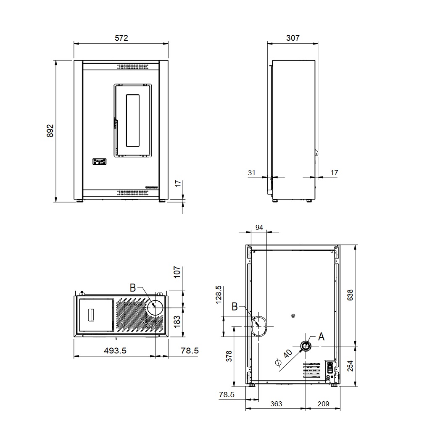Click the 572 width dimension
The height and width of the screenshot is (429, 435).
[121, 38]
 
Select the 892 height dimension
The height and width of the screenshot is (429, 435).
[50, 131]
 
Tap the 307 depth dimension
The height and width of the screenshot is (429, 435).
[293, 38]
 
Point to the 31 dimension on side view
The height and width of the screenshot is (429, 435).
[251, 173]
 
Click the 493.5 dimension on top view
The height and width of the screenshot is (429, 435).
[115, 350]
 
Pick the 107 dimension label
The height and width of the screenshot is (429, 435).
[177, 272]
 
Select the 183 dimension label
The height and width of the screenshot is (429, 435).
[177, 322]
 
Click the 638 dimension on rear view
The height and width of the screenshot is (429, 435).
[350, 295]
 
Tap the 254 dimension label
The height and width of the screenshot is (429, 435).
[350, 366]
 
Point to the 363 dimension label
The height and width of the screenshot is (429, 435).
[276, 404]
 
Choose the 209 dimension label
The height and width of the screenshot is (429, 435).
[323, 404]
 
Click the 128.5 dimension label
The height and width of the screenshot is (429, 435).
[219, 295]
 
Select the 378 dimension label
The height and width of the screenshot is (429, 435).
[229, 356]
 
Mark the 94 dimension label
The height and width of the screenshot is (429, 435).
[259, 227]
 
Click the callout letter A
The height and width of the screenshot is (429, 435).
[321, 337]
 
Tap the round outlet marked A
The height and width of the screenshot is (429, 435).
[306, 346]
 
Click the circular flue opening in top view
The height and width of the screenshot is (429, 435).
[155, 308]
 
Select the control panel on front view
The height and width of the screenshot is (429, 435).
[99, 162]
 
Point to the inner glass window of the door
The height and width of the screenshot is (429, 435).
[133, 120]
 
